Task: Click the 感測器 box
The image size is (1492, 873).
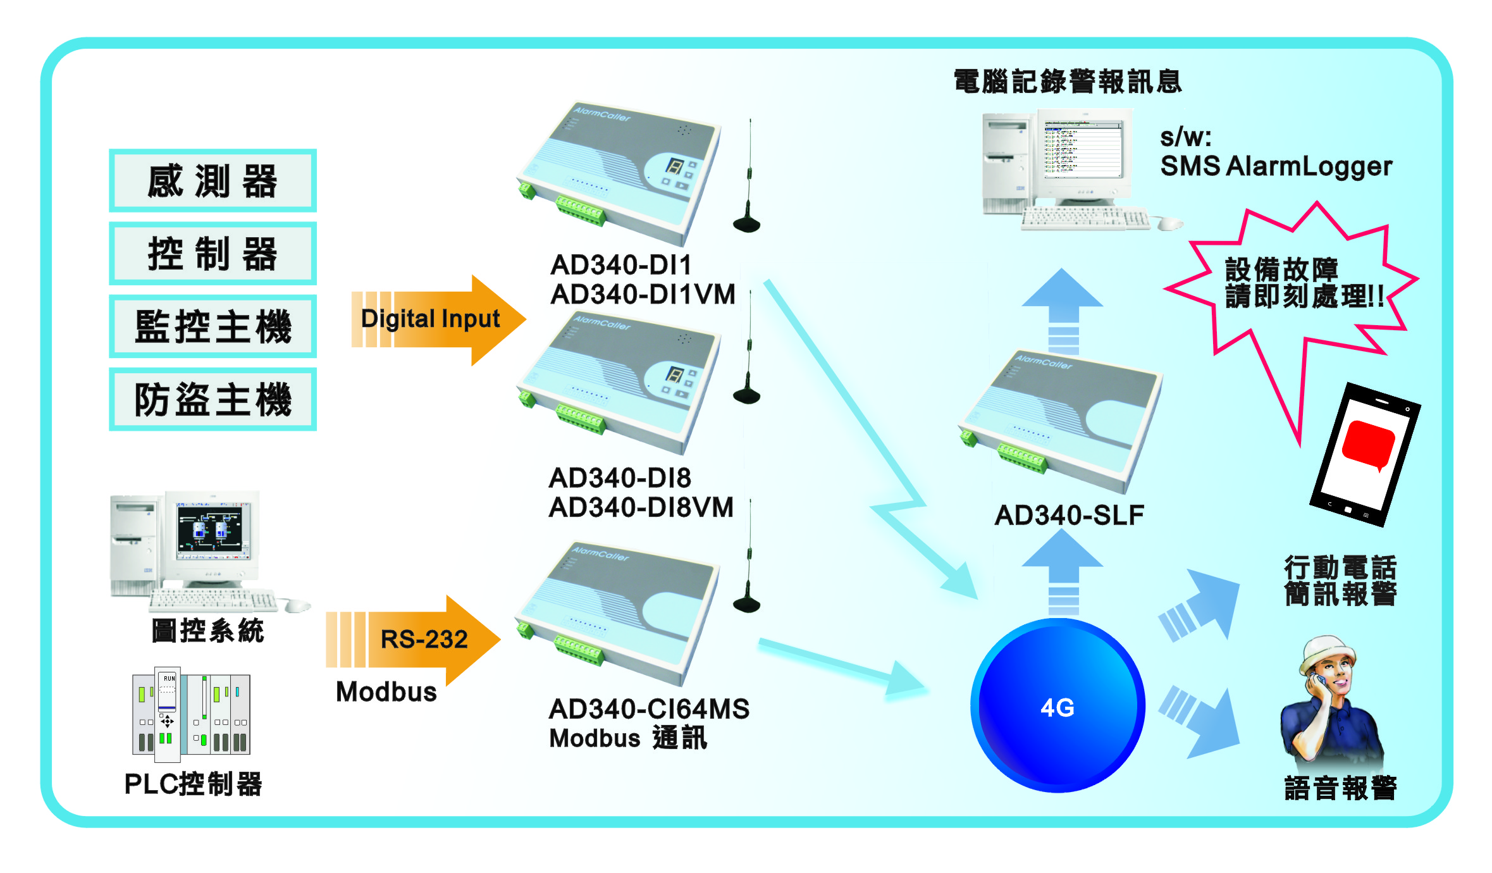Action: pyautogui.click(x=213, y=181)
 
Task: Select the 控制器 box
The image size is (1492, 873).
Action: pyautogui.click(x=213, y=254)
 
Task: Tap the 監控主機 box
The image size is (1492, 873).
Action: pyautogui.click(x=213, y=326)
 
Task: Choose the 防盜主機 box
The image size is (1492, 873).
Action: pyautogui.click(x=213, y=399)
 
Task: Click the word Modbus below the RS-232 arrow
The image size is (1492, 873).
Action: pyautogui.click(x=386, y=692)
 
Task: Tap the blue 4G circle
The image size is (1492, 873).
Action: pyautogui.click(x=1057, y=706)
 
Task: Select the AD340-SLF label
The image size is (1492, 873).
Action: pyautogui.click(x=1070, y=516)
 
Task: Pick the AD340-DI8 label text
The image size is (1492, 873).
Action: pyautogui.click(x=620, y=478)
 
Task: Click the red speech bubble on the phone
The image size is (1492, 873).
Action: pyautogui.click(x=1368, y=445)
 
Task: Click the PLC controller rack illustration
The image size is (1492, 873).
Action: pyautogui.click(x=191, y=712)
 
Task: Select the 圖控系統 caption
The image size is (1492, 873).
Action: pyautogui.click(x=207, y=631)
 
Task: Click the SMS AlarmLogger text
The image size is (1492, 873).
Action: pyautogui.click(x=1276, y=166)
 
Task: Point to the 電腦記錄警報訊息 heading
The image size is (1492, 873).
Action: pyautogui.click(x=1068, y=82)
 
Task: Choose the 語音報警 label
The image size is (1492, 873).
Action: pyautogui.click(x=1340, y=788)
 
